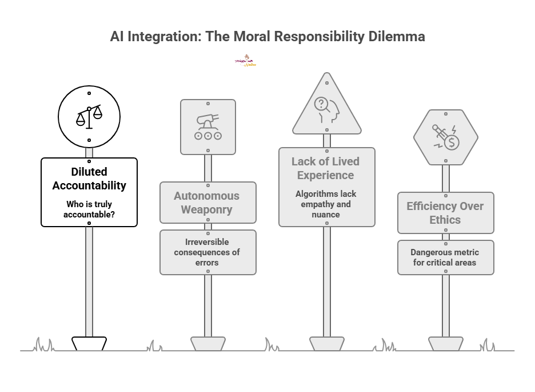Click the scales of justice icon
(x=89, y=116)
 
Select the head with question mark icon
(x=326, y=110)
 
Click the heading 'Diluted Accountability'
(x=89, y=179)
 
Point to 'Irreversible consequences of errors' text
(x=207, y=252)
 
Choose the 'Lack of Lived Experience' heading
(x=326, y=168)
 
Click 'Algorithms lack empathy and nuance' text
(x=326, y=204)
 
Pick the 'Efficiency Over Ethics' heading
(x=445, y=213)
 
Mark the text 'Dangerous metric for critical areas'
(x=445, y=258)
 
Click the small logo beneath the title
(x=246, y=61)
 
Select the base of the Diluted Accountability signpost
(x=89, y=343)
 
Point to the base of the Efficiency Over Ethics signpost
(x=445, y=343)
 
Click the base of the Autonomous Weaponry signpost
(x=207, y=343)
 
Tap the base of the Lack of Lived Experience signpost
(x=326, y=343)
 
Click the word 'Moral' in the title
(x=250, y=37)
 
